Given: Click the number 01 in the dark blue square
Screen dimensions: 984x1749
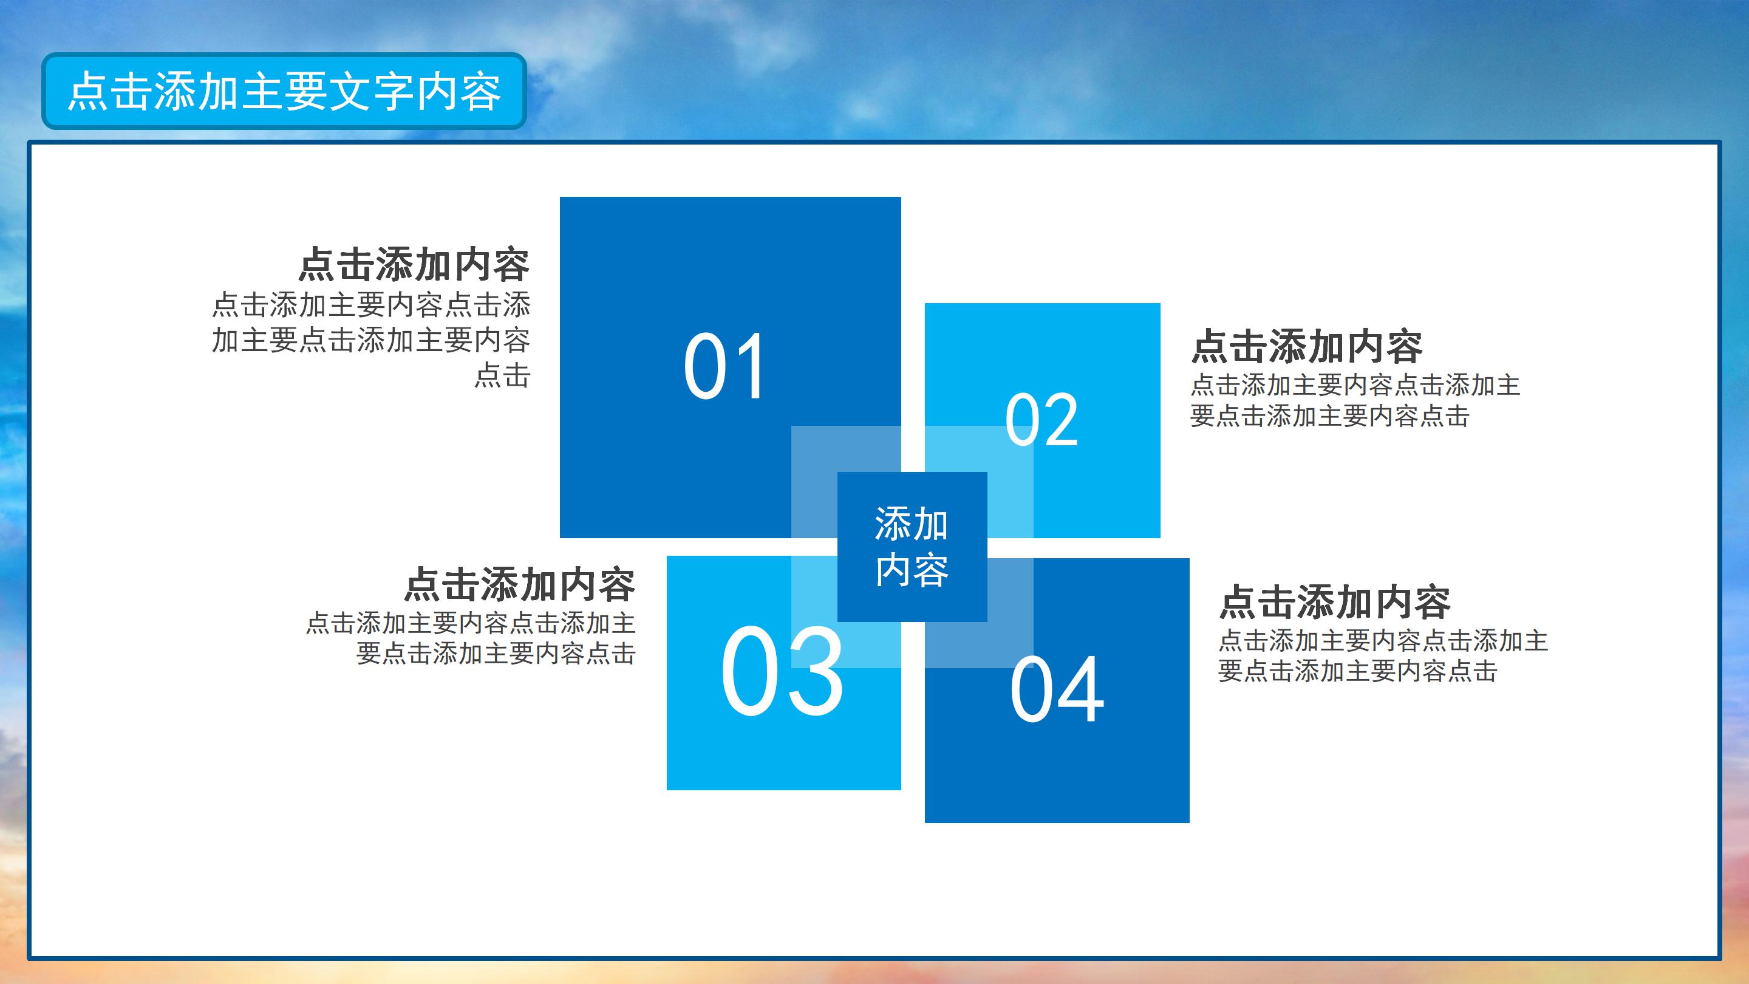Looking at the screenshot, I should click(x=724, y=367).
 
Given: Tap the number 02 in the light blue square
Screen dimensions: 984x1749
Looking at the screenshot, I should click(x=1042, y=420).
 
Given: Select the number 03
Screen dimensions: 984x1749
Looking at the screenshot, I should click(x=782, y=672).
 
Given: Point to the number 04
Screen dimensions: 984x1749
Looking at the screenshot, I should click(x=1057, y=690).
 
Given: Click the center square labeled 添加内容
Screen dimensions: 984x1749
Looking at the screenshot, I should click(x=911, y=547).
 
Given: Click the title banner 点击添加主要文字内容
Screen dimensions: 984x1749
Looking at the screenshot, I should click(x=284, y=91).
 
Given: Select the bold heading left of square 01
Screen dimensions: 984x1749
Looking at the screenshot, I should click(x=414, y=264).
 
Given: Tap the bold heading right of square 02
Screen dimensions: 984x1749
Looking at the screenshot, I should click(x=1306, y=346).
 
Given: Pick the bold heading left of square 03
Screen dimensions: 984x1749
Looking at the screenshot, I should click(x=519, y=584).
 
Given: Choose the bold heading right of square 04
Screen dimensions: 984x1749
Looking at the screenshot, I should click(x=1335, y=602).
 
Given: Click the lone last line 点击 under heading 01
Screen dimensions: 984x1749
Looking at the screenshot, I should click(x=502, y=375).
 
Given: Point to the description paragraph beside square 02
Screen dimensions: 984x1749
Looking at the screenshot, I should click(x=1354, y=401).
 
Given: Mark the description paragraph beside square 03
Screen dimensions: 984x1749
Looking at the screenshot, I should click(x=471, y=638).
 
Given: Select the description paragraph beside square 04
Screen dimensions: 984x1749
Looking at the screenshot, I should click(x=1382, y=656).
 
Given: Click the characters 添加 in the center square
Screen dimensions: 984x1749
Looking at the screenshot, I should click(x=911, y=524).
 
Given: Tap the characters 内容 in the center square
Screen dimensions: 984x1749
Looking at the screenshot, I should click(x=911, y=570).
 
